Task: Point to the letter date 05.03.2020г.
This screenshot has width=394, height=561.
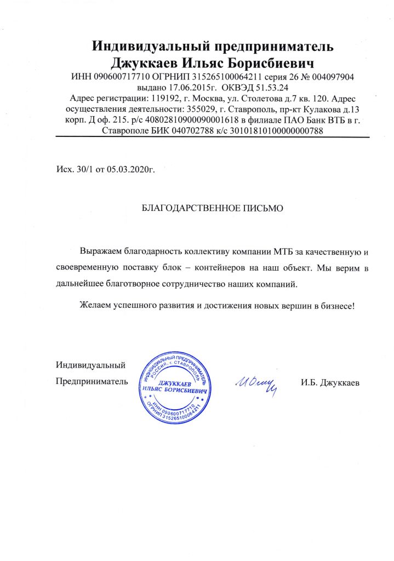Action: click(132, 170)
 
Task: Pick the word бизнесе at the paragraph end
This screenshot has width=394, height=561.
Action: click(339, 305)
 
